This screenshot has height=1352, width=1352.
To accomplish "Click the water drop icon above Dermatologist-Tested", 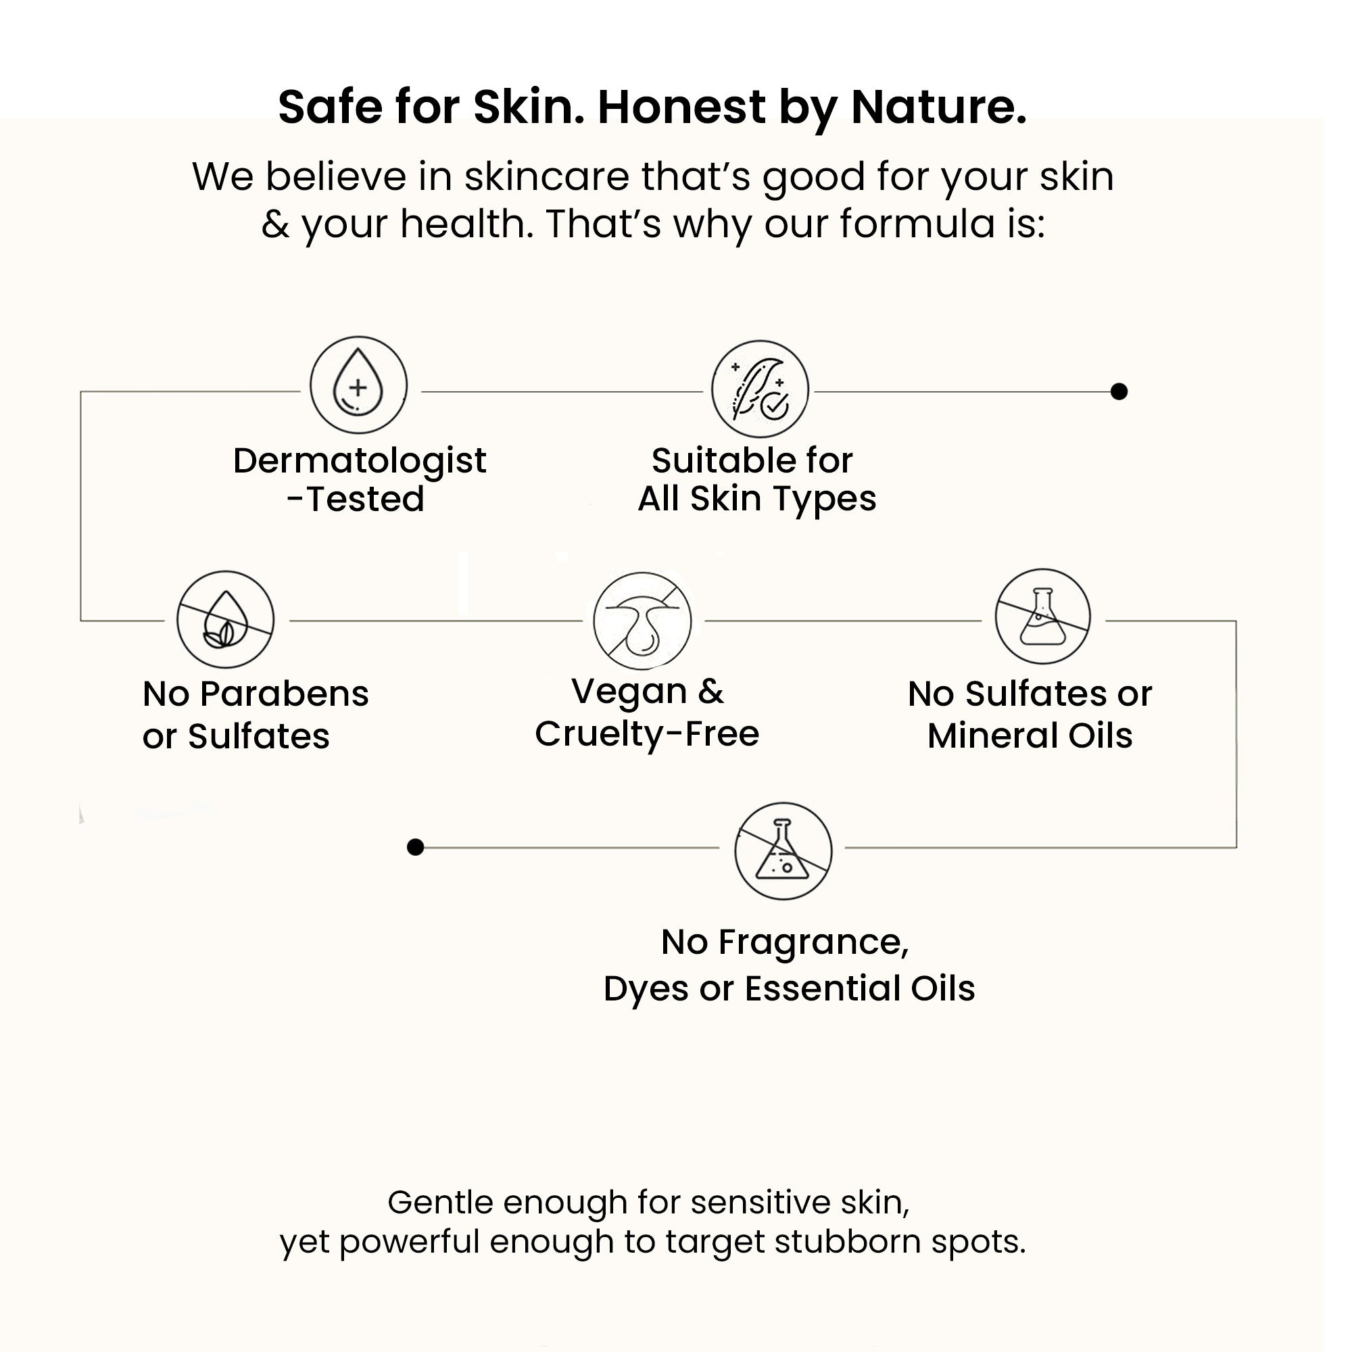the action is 358,385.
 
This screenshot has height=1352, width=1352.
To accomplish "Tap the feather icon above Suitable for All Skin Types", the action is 760,389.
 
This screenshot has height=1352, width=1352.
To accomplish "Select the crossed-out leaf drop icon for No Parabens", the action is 224,619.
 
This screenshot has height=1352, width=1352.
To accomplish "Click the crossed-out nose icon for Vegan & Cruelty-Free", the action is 642,621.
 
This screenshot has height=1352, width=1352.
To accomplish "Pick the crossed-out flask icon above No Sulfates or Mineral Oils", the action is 1042,617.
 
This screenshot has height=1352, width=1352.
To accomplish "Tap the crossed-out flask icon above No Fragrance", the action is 783,851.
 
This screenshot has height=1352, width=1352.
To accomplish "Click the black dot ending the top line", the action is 1119,392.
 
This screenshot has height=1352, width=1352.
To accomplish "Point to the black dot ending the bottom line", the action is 416,848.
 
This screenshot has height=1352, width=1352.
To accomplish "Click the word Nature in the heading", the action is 939,107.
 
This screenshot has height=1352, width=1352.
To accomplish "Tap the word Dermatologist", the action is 360,461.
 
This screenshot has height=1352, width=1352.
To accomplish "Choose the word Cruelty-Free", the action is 648,734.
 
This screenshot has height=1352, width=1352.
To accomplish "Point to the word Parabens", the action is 284,694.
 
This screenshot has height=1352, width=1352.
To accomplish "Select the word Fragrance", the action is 814,942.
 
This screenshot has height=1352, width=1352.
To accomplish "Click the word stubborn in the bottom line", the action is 848,1241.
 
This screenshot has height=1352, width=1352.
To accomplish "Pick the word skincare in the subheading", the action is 546,176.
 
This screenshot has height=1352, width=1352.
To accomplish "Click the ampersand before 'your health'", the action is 276,224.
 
